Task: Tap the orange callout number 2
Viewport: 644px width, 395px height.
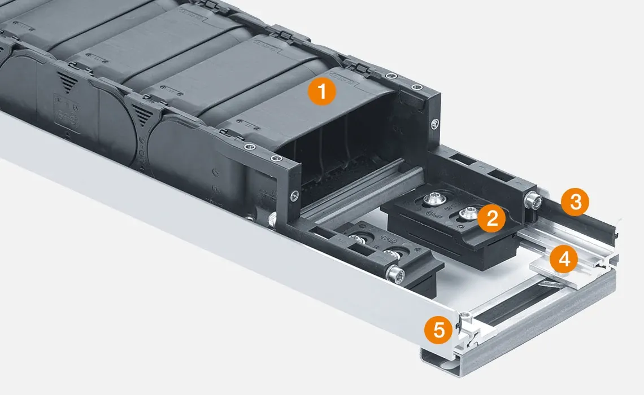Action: (x=491, y=218)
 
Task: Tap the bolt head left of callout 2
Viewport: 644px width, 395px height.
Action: (x=436, y=198)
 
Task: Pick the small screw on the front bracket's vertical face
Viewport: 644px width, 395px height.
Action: (x=294, y=196)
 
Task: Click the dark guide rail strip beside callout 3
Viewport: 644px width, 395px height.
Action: (x=588, y=222)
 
